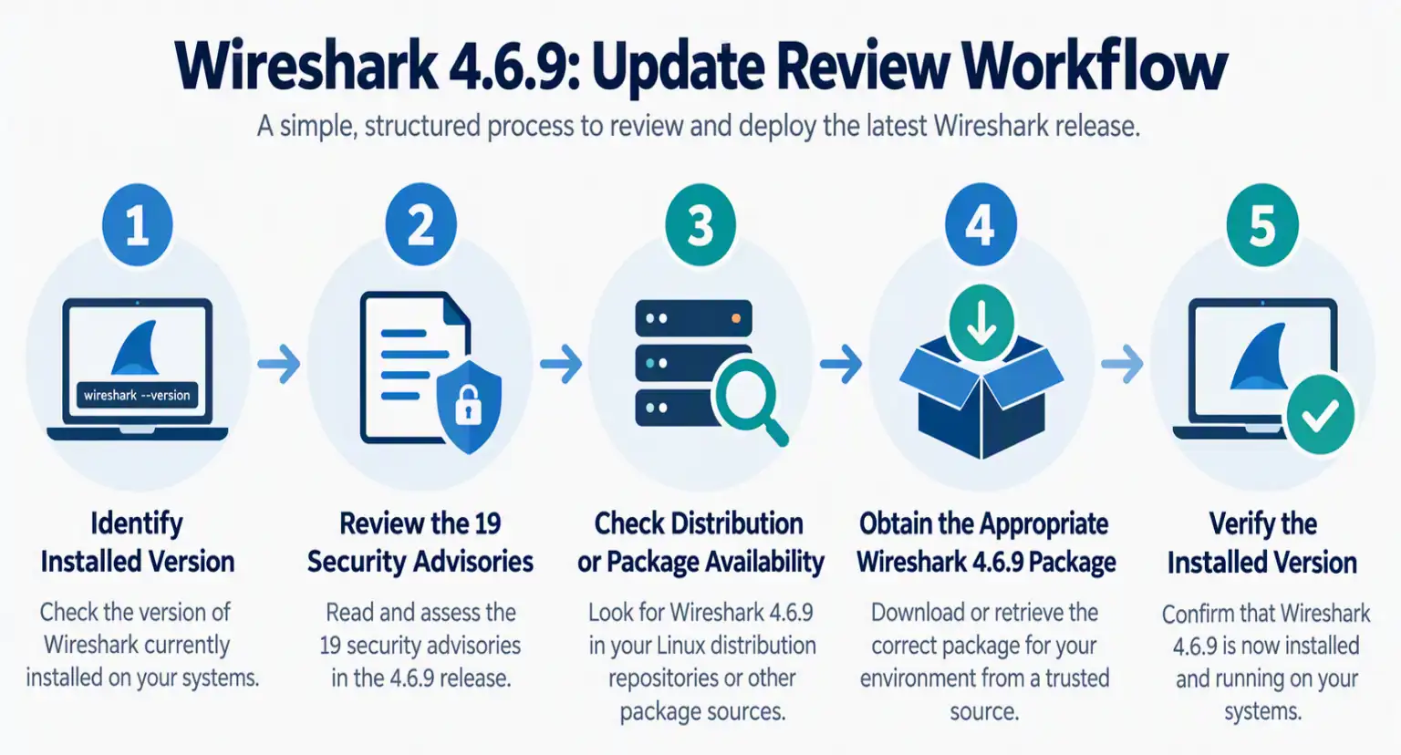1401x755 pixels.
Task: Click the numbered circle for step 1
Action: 138,224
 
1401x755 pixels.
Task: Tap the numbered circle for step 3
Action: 700,224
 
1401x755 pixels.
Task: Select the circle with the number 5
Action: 1262,225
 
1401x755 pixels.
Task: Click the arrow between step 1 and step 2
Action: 279,364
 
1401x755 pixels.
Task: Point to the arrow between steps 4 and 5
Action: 1123,364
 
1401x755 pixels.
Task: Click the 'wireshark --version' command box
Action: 137,395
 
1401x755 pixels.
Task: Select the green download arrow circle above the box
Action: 981,323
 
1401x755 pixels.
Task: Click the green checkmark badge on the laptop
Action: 1321,415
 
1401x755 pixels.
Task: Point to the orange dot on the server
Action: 736,319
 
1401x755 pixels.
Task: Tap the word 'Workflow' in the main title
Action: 1094,67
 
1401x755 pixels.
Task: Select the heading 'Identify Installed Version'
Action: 138,543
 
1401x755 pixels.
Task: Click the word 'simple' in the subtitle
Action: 319,127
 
